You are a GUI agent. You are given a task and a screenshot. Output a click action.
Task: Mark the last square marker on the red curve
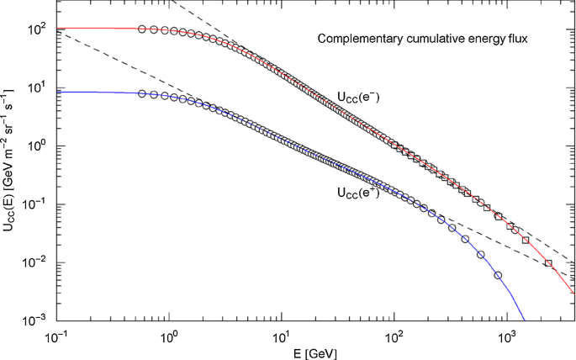[x=548, y=263]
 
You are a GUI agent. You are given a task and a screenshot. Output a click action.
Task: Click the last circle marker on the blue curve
[x=499, y=275]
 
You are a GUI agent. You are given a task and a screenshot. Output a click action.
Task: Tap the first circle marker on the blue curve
[x=142, y=93]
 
